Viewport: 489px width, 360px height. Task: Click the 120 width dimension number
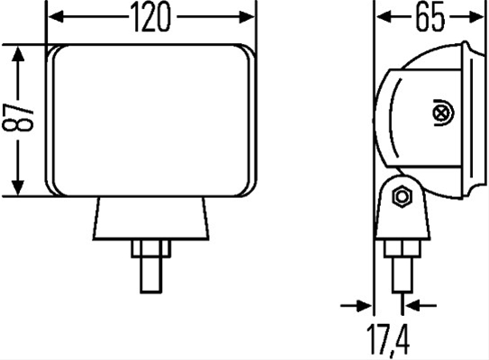(x=150, y=17)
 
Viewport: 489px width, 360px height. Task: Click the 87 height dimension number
(x=18, y=117)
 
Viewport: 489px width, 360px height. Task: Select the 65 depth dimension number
(x=430, y=17)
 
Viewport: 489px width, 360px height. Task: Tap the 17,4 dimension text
(x=388, y=339)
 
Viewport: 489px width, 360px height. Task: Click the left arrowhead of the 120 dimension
(x=56, y=17)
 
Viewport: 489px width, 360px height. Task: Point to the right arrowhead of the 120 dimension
(x=247, y=17)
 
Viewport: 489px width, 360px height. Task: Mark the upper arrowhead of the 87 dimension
(x=18, y=54)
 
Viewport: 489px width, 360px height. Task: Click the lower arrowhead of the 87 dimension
(x=18, y=187)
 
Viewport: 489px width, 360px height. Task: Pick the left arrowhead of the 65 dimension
(x=384, y=17)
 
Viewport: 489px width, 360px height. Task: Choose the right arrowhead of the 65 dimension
(x=475, y=17)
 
